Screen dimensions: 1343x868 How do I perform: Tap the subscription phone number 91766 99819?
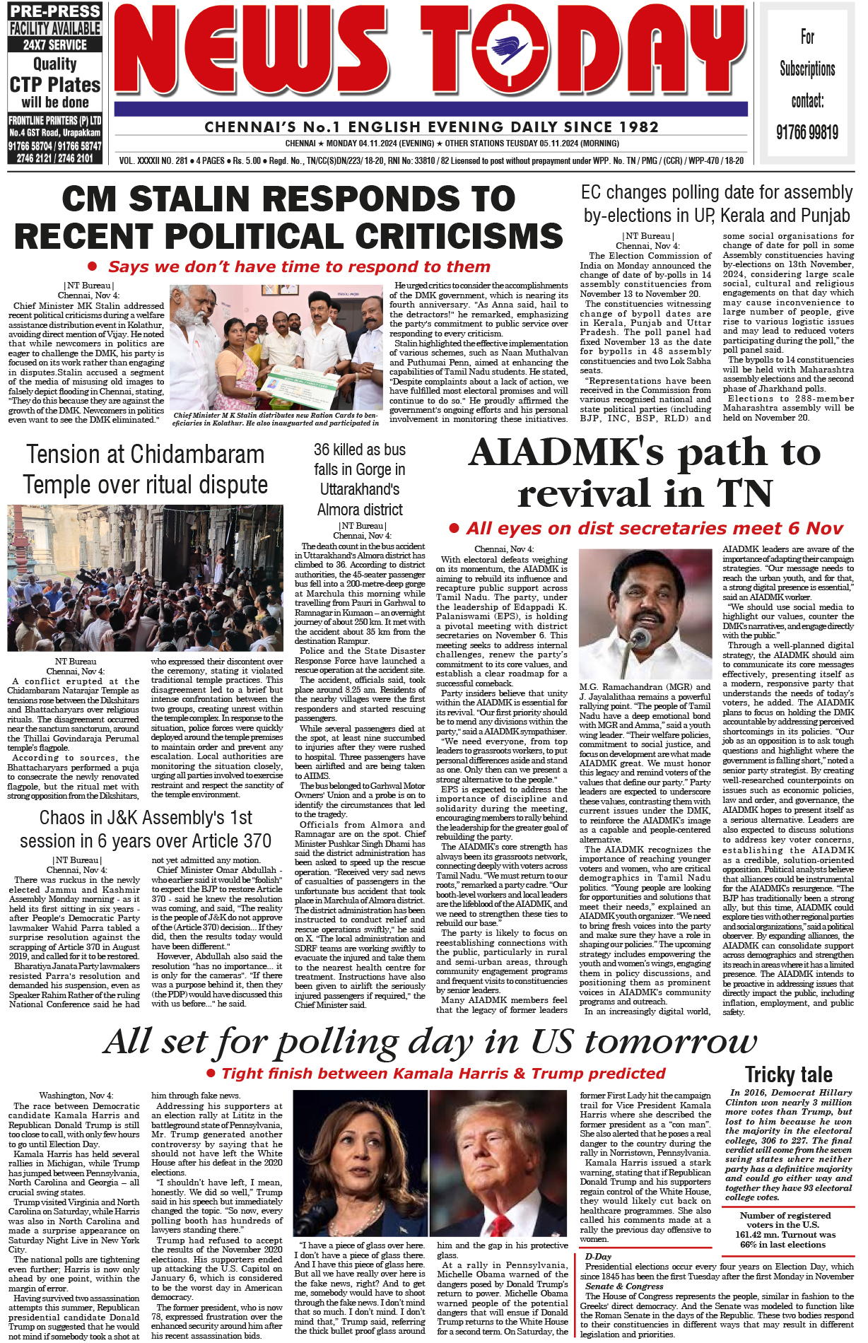(x=807, y=132)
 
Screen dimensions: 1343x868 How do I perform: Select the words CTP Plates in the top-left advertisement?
(x=55, y=85)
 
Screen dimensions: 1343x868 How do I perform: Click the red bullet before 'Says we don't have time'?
(x=93, y=267)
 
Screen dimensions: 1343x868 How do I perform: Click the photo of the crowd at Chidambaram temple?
(x=145, y=577)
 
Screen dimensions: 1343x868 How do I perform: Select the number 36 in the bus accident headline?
(x=323, y=450)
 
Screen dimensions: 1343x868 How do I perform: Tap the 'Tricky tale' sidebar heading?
(x=788, y=1076)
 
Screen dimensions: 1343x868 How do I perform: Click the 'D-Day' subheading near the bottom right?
(x=598, y=1257)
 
